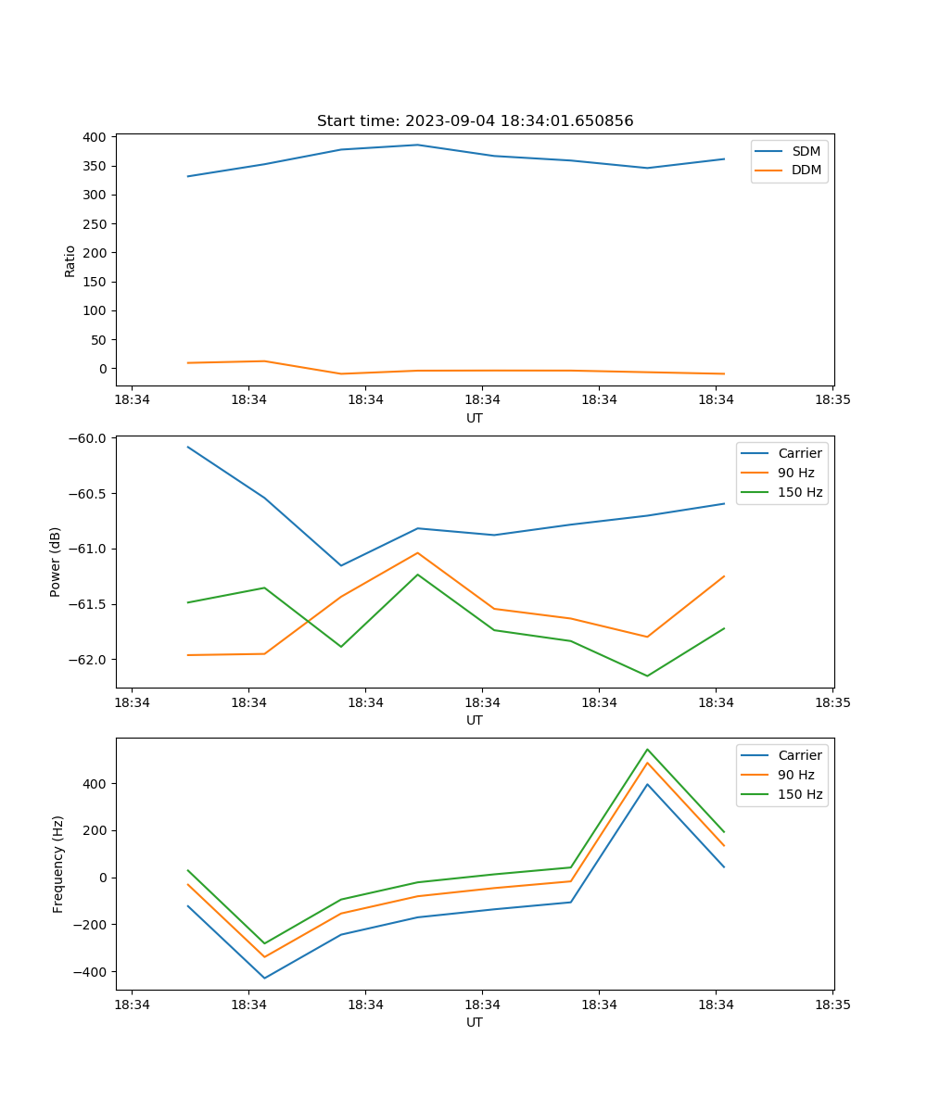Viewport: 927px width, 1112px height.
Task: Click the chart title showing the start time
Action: coord(475,121)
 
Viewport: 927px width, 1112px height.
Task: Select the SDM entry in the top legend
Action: coord(806,151)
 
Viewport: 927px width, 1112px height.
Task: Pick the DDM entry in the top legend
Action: coord(806,171)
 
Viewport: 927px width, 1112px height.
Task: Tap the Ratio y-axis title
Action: coord(70,260)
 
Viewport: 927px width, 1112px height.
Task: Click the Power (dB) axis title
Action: coord(56,562)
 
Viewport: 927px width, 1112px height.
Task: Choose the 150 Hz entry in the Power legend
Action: coord(800,493)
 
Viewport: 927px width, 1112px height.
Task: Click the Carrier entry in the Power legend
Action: coord(799,453)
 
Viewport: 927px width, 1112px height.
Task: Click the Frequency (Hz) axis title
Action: coord(58,864)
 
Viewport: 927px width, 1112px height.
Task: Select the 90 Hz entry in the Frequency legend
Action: coord(795,775)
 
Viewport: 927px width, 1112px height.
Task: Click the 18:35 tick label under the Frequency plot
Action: coord(832,1005)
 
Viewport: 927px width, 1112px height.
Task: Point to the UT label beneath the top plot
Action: coord(475,418)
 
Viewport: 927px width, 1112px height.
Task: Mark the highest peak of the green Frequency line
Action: coord(647,750)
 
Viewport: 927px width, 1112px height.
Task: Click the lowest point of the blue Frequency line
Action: coord(265,979)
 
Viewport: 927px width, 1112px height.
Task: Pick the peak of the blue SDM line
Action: coord(417,145)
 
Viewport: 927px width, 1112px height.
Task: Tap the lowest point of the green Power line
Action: coord(647,676)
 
